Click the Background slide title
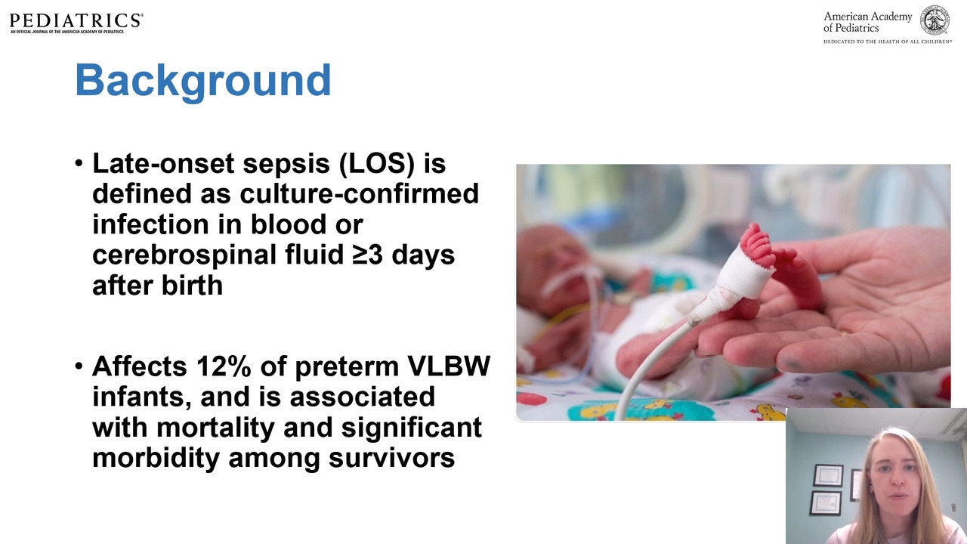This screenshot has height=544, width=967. [x=203, y=81]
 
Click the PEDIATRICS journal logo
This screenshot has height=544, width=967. [x=76, y=23]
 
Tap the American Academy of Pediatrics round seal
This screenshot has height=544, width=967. [x=935, y=20]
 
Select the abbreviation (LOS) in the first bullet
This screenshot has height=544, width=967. [x=377, y=164]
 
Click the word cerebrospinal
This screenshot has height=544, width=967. [x=184, y=255]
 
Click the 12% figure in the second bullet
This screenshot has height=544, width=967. [x=224, y=366]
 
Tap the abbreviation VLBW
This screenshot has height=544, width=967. [x=449, y=366]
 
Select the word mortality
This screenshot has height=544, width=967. [x=215, y=428]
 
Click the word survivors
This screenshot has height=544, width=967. [x=391, y=458]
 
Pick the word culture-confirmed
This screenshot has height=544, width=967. [x=359, y=194]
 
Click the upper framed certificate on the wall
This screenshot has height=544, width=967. [x=828, y=475]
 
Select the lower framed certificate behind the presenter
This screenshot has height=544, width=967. [x=826, y=503]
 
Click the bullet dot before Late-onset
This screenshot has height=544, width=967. [x=79, y=164]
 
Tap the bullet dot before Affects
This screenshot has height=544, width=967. [x=79, y=366]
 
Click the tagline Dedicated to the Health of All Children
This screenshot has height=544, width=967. [x=888, y=42]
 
